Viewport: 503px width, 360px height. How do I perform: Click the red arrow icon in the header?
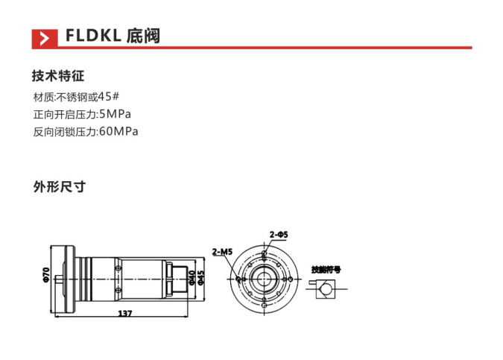coord(45,37)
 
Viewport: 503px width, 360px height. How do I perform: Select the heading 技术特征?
coord(58,76)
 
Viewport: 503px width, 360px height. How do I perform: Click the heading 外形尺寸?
coord(58,186)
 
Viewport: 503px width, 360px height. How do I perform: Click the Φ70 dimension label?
coord(46,274)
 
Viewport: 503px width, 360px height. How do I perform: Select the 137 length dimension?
coord(124,314)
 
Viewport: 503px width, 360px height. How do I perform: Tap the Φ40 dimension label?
coord(192,277)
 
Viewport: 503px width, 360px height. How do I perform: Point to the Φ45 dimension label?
coord(201,277)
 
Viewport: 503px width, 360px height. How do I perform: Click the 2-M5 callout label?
coord(222,252)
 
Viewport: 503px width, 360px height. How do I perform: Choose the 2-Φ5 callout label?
coord(279,234)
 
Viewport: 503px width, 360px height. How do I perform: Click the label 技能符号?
coord(326,269)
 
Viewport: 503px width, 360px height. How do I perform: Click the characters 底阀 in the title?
coord(144,37)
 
